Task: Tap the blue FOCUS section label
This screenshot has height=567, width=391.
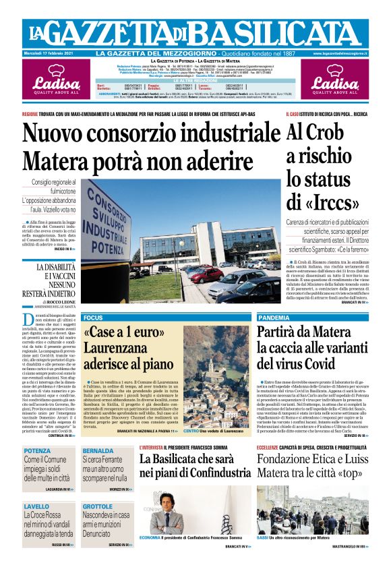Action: [93, 317]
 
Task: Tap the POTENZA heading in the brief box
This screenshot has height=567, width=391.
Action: [38, 450]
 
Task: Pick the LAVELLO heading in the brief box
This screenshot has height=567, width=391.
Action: [36, 506]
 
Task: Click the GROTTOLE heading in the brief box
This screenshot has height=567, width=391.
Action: [98, 506]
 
